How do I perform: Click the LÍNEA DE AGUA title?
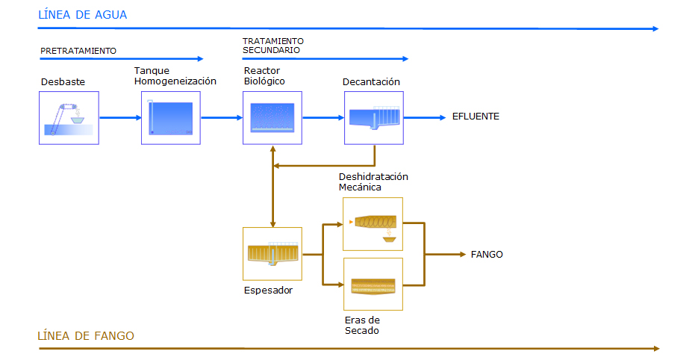pyautogui.click(x=82, y=15)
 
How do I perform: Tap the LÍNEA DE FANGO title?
pyautogui.click(x=85, y=335)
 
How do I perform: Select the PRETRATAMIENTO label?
pyautogui.click(x=78, y=51)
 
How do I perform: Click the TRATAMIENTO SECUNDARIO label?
pyautogui.click(x=273, y=46)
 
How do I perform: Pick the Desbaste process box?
pyautogui.click(x=69, y=118)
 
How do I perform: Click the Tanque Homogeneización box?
pyautogui.click(x=171, y=118)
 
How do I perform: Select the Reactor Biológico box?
pyautogui.click(x=272, y=118)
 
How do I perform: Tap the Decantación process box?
pyautogui.click(x=374, y=118)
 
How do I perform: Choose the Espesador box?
pyautogui.click(x=272, y=254)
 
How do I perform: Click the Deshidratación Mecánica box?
pyautogui.click(x=373, y=224)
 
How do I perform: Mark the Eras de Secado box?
pyautogui.click(x=373, y=285)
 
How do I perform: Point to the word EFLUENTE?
pyautogui.click(x=476, y=117)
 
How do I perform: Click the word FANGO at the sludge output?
pyautogui.click(x=487, y=255)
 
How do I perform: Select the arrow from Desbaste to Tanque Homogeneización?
pyautogui.click(x=120, y=117)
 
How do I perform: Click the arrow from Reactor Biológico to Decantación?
pyautogui.click(x=324, y=117)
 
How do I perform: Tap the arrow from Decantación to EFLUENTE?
pyautogui.click(x=425, y=117)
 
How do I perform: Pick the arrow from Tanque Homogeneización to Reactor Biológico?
pyautogui.click(x=222, y=117)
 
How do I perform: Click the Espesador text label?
pyautogui.click(x=269, y=291)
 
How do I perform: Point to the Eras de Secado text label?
pyautogui.click(x=362, y=325)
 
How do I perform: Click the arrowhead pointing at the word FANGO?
pyautogui.click(x=463, y=255)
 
